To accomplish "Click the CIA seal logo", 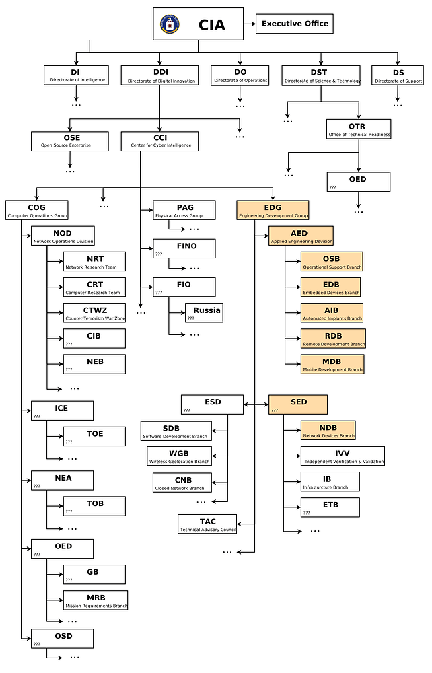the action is (x=170, y=24).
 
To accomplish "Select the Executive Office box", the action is (x=295, y=24).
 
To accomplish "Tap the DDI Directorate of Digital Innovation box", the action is (x=159, y=75).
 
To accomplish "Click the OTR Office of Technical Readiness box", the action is (x=359, y=129).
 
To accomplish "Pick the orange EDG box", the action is (x=273, y=210).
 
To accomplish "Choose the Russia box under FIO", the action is (x=204, y=313).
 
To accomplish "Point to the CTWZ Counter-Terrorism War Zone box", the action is (x=94, y=313).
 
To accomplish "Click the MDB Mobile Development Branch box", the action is (x=332, y=364).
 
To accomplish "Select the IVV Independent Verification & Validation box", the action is (x=343, y=456).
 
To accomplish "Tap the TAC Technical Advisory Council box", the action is (x=207, y=524).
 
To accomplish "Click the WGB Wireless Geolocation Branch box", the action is (x=179, y=456).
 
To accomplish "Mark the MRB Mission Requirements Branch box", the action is (x=96, y=600).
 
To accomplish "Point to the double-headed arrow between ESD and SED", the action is (x=256, y=404).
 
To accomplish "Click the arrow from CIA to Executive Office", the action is (x=250, y=24).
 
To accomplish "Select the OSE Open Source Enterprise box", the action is (x=69, y=141).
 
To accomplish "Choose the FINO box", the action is (x=184, y=248).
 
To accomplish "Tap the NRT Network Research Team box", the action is (x=94, y=262).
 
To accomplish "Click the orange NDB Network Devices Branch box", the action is (x=328, y=431).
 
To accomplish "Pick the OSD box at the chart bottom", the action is (x=62, y=639).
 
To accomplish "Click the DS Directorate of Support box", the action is (x=398, y=75).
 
